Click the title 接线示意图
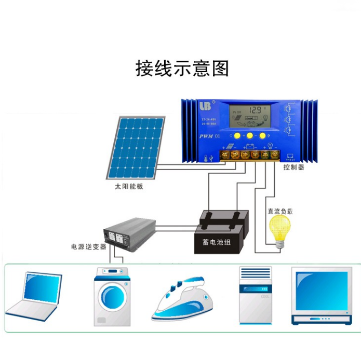point(182,68)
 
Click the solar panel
point(136,148)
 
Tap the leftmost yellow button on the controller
point(237,136)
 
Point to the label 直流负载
point(280,212)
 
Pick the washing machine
point(111,296)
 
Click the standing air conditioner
point(255,295)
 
